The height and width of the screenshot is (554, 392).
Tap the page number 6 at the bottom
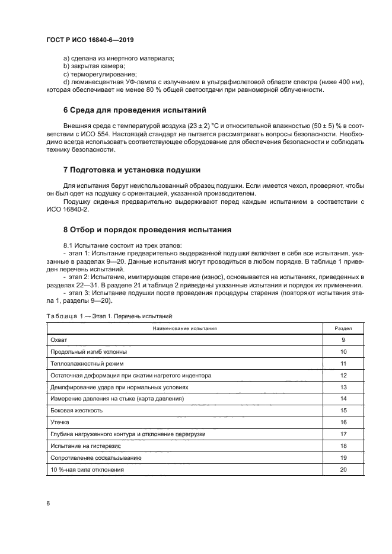click(x=48, y=503)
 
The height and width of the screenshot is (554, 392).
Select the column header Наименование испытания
click(x=184, y=328)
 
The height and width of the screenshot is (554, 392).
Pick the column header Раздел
click(x=343, y=328)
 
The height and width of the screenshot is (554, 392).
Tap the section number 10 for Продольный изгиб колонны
click(x=343, y=351)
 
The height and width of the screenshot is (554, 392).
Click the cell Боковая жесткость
click(x=77, y=410)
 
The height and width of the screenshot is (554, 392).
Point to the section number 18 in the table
click(x=343, y=446)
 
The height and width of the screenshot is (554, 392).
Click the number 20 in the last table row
click(x=343, y=469)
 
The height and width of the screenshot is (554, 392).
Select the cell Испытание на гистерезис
click(x=87, y=446)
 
